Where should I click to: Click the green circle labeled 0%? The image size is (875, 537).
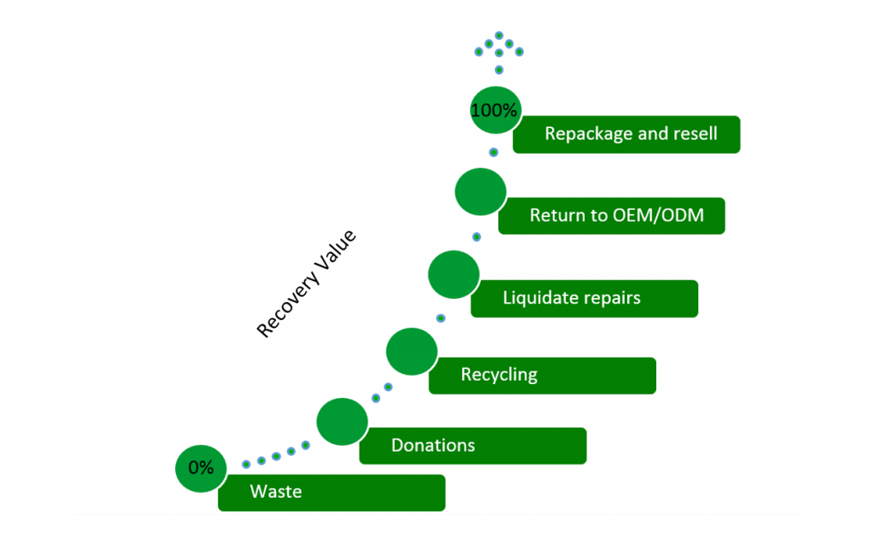click(201, 468)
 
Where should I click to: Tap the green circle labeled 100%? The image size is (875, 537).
click(496, 110)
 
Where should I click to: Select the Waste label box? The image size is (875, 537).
click(332, 493)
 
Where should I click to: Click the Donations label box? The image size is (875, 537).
click(473, 446)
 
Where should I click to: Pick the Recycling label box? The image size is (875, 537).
click(542, 375)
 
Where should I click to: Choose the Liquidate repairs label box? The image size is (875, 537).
click(584, 298)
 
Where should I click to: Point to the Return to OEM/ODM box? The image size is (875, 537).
click(612, 215)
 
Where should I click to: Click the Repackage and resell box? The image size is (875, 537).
click(626, 134)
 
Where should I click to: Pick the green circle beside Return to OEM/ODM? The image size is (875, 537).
click(480, 193)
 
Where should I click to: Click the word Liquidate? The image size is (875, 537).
click(540, 298)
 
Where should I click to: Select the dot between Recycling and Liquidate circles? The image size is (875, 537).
click(441, 318)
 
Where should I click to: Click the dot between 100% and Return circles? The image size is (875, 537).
click(493, 152)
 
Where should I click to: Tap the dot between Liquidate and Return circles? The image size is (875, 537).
click(477, 236)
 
